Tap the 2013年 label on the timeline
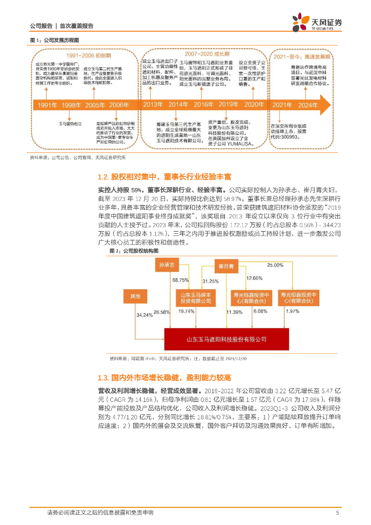click(x=153, y=105)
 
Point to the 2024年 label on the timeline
click(x=308, y=105)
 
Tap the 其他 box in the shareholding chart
click(x=135, y=296)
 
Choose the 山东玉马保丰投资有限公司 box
click(x=195, y=298)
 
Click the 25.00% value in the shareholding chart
click(x=275, y=265)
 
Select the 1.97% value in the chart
click(x=292, y=311)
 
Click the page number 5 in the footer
click(x=337, y=512)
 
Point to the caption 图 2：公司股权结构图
click(x=134, y=251)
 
